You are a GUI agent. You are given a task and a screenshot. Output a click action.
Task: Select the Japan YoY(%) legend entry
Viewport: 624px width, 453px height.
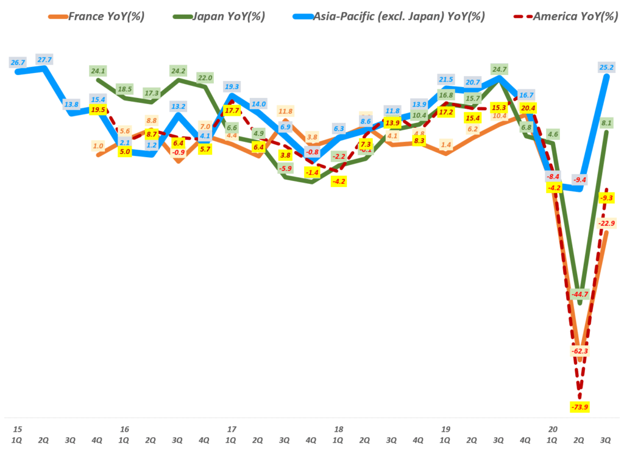pos(225,16)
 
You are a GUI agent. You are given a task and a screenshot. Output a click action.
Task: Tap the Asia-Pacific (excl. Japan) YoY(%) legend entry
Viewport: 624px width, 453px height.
pos(396,16)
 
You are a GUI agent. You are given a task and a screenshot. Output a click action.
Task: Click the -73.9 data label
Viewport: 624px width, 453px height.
pos(580,407)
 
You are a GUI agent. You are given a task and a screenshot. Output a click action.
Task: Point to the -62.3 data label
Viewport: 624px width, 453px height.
pos(580,351)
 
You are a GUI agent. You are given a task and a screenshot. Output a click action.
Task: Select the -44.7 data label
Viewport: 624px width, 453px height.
pos(580,294)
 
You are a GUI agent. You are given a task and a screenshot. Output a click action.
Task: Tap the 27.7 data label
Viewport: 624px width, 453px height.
pos(44,59)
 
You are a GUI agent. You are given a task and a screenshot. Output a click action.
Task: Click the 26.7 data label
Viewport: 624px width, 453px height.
pos(18,62)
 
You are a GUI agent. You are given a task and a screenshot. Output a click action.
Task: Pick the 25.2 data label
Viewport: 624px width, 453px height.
pos(606,66)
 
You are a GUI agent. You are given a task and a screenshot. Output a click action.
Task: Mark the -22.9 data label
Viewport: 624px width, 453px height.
pos(606,223)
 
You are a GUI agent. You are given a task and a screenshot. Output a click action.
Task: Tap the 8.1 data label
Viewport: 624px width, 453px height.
pos(606,122)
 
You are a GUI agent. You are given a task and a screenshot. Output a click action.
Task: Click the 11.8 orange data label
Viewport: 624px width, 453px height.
pos(285,111)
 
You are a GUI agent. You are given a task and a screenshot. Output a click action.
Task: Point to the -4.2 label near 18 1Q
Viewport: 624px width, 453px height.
pos(339,181)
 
